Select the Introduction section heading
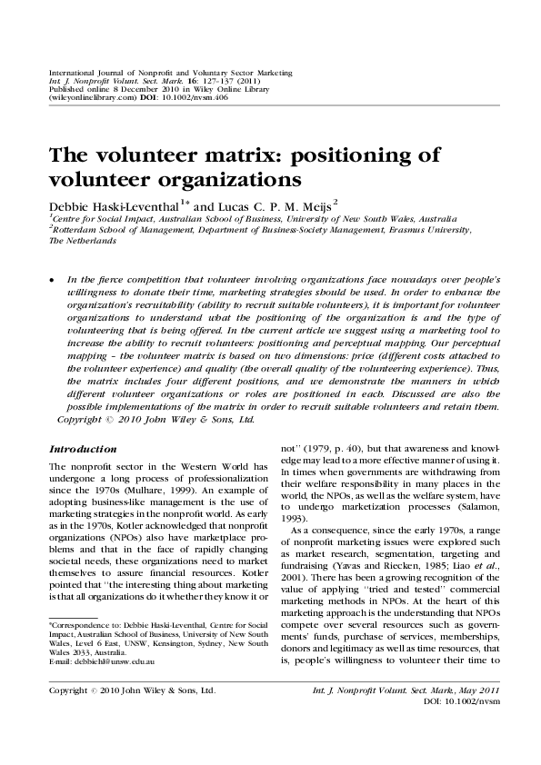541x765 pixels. [x=83, y=449]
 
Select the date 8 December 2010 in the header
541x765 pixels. [x=125, y=88]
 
